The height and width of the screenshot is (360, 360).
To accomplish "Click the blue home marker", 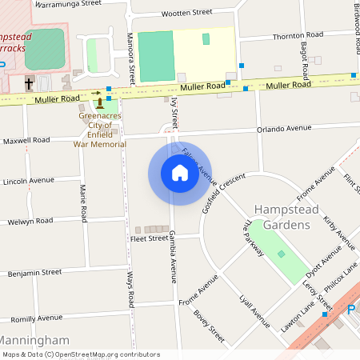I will [x=180, y=173].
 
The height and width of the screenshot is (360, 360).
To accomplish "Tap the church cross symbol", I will [x=30, y=82].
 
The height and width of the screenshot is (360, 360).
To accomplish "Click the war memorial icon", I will [x=100, y=104].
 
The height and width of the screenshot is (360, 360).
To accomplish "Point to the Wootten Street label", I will [x=186, y=14].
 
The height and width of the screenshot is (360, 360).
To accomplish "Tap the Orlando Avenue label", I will [x=284, y=128].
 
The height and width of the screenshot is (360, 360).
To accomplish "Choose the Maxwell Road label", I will [x=26, y=141].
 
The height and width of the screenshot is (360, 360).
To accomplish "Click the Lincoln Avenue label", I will [x=28, y=182].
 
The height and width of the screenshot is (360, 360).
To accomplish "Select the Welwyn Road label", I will [x=30, y=221].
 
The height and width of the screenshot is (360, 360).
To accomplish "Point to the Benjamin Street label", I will [x=34, y=273].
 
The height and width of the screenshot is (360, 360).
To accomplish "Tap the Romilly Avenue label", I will [x=36, y=318].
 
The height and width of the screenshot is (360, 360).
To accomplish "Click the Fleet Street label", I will [x=149, y=238].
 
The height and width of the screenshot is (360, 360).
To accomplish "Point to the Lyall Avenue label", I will [x=255, y=310].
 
